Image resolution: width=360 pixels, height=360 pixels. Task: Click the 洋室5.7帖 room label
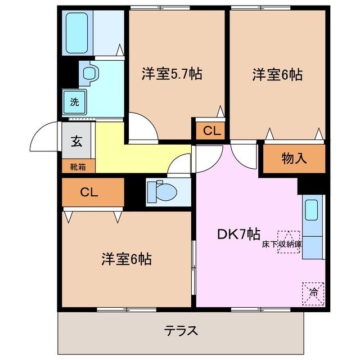[x=172, y=73]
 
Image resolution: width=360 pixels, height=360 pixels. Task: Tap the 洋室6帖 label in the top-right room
[x=277, y=74]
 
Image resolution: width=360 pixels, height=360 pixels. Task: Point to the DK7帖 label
[x=238, y=235]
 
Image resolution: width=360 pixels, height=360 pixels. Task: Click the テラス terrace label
[x=181, y=330]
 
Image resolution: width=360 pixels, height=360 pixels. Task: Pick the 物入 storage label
[x=294, y=159]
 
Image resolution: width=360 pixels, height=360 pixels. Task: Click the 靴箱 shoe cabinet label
[x=78, y=166]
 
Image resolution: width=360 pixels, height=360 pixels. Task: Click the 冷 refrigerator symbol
[x=313, y=292]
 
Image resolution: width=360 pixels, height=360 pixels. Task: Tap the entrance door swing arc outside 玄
[x=46, y=136]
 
